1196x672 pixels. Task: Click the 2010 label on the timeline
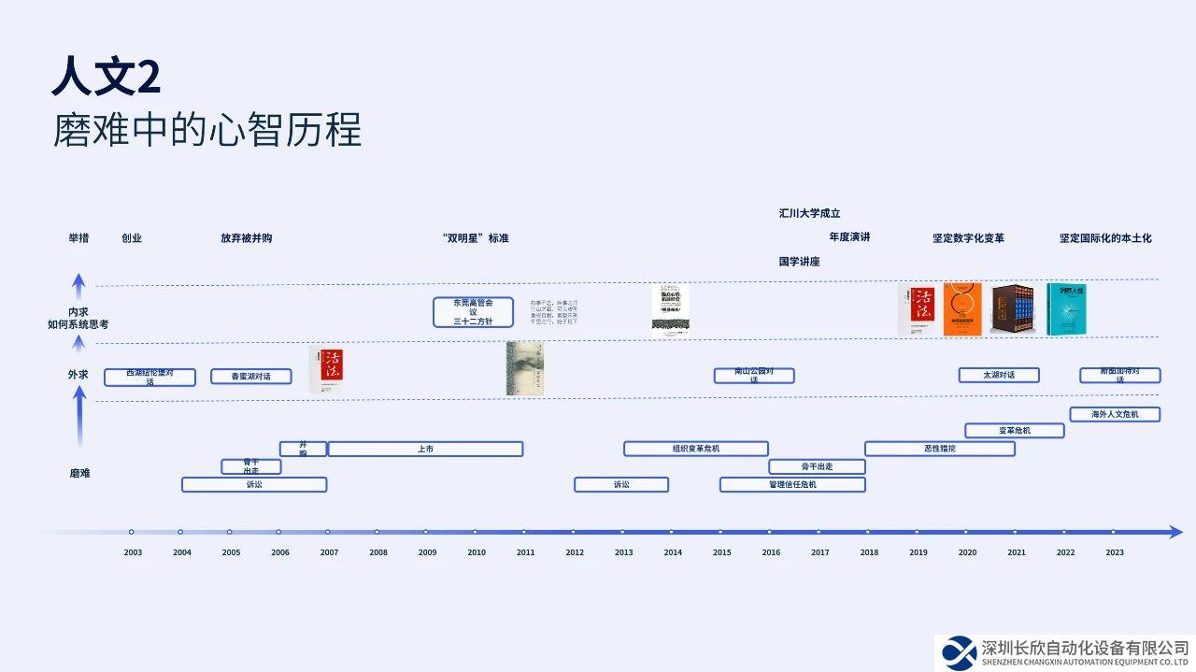477,552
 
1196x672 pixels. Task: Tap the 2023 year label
1115,552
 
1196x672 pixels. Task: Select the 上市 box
425,450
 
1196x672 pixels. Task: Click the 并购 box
303,449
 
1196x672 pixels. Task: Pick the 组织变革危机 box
696,449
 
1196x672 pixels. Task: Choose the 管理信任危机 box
792,484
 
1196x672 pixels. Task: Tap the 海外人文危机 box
1115,414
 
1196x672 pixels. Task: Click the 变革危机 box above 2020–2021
1015,431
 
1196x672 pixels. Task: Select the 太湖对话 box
998,375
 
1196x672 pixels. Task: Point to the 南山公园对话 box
754,376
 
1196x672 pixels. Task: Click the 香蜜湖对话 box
251,377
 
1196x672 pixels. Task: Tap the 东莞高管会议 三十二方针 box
474,312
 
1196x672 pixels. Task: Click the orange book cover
962,308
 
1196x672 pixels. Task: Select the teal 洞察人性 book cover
1067,308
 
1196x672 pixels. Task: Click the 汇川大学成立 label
809,213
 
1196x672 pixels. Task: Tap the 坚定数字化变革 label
968,238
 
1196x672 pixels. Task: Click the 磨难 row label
79,473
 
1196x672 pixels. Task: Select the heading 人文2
106,77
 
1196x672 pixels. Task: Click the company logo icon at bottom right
959,652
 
